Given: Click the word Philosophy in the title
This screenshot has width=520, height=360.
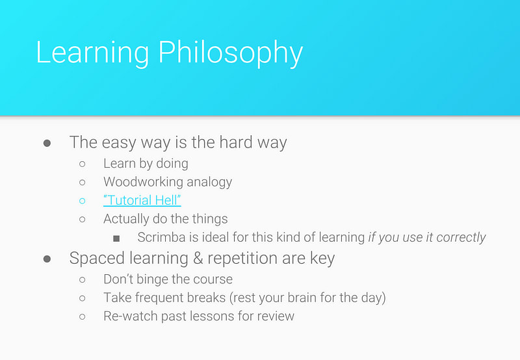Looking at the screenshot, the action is click(x=230, y=53).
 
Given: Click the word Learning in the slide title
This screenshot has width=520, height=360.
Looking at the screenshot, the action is click(x=92, y=53).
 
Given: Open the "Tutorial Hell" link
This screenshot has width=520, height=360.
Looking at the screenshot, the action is click(x=142, y=200).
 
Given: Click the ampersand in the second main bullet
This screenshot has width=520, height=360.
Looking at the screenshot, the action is click(x=198, y=258).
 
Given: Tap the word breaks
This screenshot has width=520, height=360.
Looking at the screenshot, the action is click(x=206, y=298).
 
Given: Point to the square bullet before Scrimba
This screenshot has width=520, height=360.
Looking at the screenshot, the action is click(x=116, y=238).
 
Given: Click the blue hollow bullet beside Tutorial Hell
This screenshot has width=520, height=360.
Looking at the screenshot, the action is click(x=83, y=201).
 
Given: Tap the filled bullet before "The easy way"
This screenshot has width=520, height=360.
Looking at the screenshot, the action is click(x=47, y=143).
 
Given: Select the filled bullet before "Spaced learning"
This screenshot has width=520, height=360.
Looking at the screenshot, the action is click(x=47, y=259).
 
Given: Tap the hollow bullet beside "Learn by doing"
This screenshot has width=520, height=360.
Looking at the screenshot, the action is click(x=83, y=164).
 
